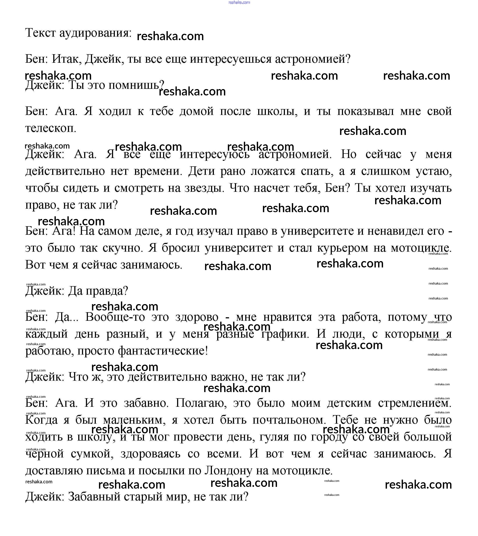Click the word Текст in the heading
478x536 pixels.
(x=41, y=33)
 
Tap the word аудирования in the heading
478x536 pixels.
(x=95, y=33)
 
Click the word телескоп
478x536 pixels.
(x=50, y=128)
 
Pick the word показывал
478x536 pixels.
(x=365, y=111)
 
